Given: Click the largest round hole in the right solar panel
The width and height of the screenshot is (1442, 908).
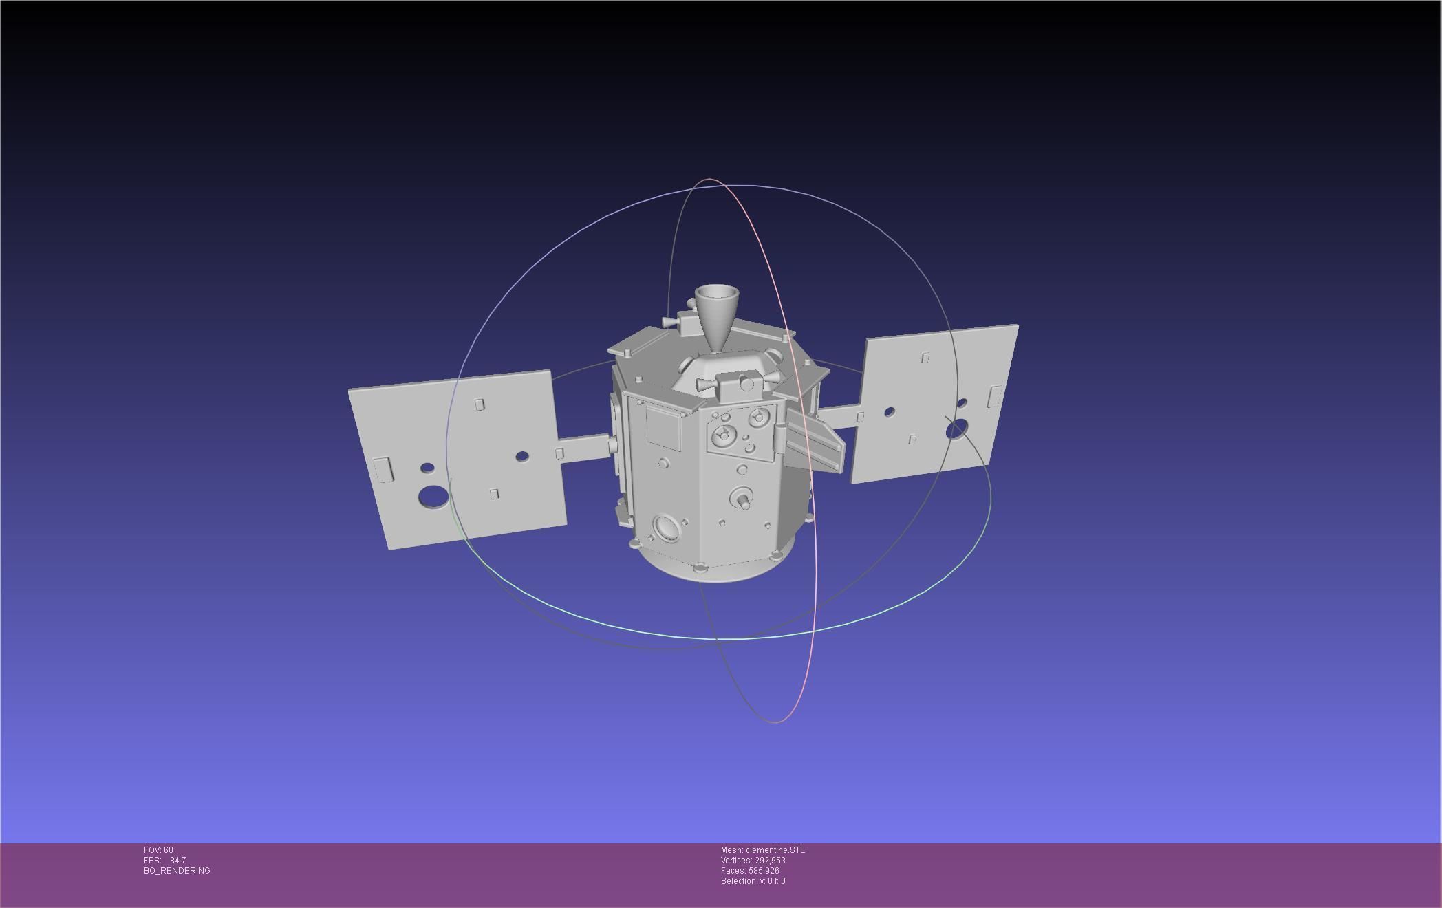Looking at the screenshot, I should coord(956,431).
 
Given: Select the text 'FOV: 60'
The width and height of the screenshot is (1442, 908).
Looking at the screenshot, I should coord(158,850).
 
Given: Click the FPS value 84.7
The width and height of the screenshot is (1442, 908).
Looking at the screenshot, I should coord(177,861).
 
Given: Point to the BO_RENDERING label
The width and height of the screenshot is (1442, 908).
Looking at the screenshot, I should coord(177,871).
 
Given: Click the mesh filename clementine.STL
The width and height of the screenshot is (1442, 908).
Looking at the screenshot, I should coord(775,850).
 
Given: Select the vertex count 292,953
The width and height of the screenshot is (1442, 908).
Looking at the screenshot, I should coord(770,861).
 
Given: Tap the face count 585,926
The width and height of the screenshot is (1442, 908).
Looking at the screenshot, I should coord(764,871).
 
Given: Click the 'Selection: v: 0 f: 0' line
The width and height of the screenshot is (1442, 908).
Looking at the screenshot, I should coord(753,881).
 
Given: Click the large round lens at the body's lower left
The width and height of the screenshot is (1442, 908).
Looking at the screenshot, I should coord(665,528).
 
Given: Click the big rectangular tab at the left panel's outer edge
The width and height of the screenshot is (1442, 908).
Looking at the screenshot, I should coord(383,469).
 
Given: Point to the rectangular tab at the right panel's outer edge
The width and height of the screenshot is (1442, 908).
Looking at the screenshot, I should coord(995,397).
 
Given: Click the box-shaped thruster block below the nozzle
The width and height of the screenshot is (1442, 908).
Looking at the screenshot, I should coord(740,385).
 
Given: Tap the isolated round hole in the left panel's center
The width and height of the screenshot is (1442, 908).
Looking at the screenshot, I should coord(522,456).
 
